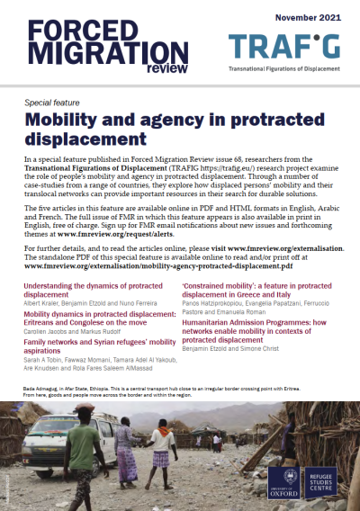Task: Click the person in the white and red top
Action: click(163, 450)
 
